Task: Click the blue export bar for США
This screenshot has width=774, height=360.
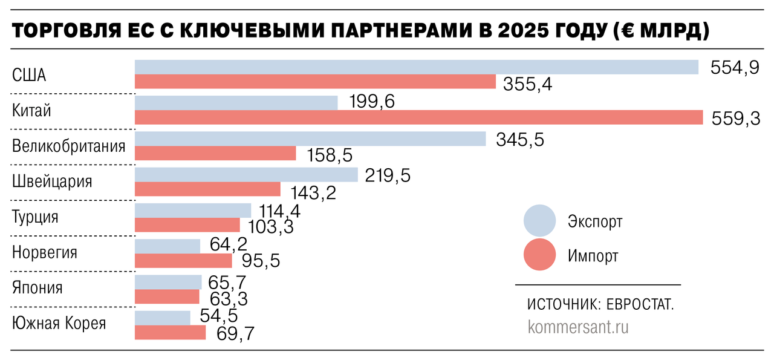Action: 416,67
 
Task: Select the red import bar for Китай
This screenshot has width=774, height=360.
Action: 418,117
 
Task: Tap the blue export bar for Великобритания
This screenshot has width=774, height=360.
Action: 310,139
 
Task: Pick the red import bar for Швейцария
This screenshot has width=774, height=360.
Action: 207,189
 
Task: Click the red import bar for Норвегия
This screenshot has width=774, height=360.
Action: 183,261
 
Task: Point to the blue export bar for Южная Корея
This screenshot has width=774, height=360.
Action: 162,318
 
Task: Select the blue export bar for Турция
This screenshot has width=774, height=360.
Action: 192,210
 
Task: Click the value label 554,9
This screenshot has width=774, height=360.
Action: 734,68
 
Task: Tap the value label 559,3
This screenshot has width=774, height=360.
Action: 736,119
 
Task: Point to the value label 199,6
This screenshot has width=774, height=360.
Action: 372,102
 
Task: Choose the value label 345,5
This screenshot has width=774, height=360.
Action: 520,140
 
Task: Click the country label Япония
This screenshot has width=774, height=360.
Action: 37,288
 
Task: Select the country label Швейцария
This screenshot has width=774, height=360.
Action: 52,182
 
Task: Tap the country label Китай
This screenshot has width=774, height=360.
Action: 31,111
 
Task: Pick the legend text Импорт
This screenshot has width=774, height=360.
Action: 593,256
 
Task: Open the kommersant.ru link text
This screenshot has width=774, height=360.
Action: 578,327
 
